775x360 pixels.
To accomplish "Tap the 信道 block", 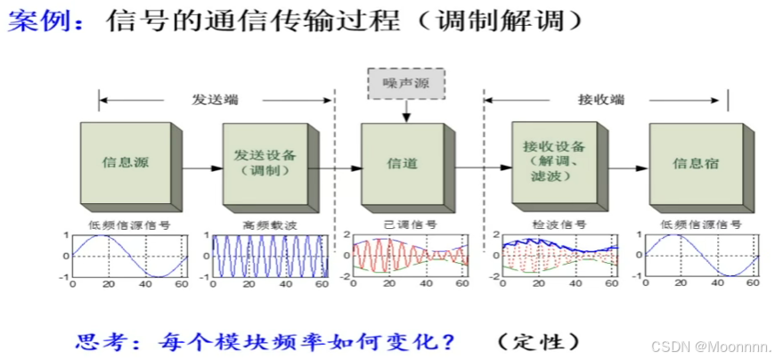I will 401,163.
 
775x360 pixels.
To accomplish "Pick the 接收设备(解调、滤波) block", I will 548,160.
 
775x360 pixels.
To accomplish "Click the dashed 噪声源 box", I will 405,83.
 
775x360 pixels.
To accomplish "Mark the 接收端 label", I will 600,99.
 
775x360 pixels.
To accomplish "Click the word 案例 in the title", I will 36,20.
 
